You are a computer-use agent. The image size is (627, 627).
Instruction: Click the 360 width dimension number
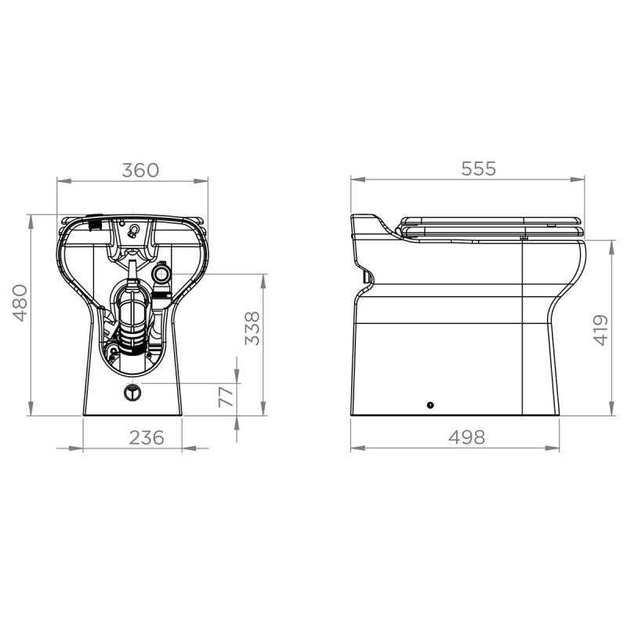coord(142,170)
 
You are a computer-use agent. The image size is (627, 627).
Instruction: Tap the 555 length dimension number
coord(478,169)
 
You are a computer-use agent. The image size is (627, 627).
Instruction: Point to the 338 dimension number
coord(252,328)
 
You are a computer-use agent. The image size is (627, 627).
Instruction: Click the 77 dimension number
coord(225,396)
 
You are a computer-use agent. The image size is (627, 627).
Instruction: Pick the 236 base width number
coord(147,437)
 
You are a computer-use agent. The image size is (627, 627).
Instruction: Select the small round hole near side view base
coord(429,404)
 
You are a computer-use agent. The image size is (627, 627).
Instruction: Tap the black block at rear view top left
coord(96,224)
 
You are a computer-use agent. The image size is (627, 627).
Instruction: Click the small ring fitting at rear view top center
coord(132,230)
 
